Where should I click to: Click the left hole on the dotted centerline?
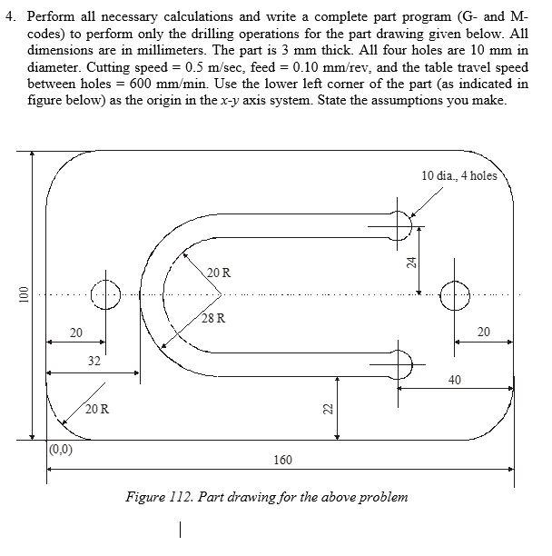(105, 293)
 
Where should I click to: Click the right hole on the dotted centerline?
(455, 293)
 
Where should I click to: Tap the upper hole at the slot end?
(398, 224)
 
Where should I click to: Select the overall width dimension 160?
(281, 461)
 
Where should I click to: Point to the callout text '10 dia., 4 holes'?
(459, 175)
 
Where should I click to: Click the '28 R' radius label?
(214, 319)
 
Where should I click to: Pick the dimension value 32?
(94, 362)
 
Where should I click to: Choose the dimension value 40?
(455, 379)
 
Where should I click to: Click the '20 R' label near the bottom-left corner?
(98, 409)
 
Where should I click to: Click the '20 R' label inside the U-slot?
(219, 273)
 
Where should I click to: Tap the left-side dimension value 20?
(77, 333)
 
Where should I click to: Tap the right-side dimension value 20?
(483, 333)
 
